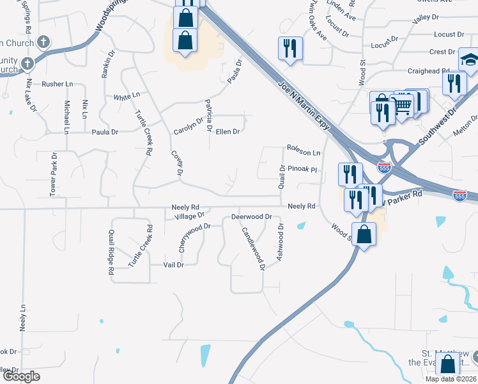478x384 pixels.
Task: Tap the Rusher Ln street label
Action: (x=58, y=84)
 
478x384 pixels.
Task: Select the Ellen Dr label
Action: (x=227, y=132)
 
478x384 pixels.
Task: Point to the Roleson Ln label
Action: (x=304, y=153)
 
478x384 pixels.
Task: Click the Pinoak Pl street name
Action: (x=302, y=170)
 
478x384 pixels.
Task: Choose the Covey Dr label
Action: (x=178, y=164)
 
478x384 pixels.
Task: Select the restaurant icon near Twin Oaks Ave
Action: (x=290, y=47)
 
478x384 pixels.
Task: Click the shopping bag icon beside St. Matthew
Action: (x=448, y=365)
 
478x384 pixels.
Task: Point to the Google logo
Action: (x=21, y=377)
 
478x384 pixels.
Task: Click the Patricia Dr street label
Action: (x=208, y=115)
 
